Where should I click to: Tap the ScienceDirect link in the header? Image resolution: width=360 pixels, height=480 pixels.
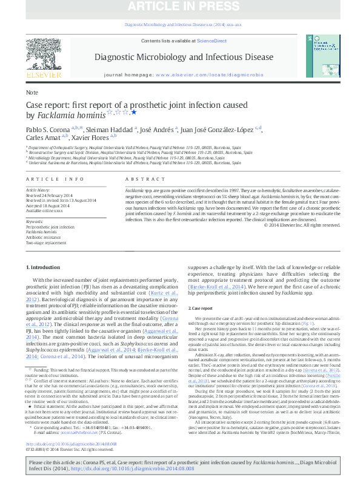coord(212,41)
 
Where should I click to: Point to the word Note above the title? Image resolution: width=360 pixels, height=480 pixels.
coord(32,93)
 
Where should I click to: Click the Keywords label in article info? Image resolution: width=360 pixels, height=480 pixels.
coord(36,222)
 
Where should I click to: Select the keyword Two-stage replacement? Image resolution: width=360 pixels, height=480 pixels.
coord(46,242)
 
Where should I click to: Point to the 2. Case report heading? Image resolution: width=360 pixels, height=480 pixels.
coord(201,309)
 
